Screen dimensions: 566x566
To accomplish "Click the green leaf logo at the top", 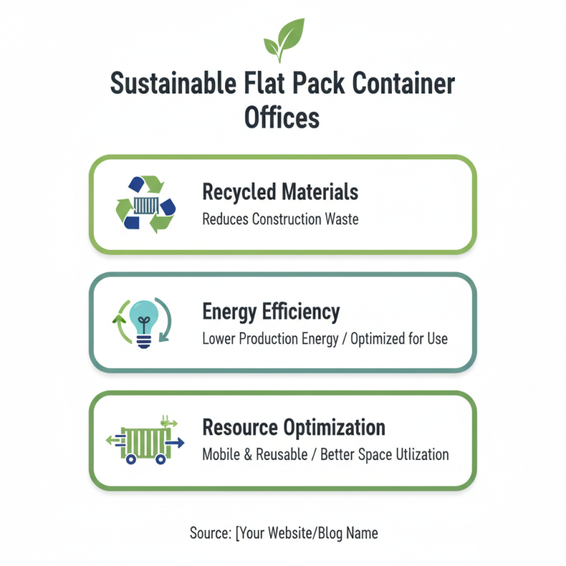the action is pos(283,41).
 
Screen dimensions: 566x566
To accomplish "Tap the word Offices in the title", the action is pos(282,117).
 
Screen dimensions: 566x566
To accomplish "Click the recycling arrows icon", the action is pos(145,204).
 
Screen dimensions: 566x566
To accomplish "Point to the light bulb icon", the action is pos(144,323).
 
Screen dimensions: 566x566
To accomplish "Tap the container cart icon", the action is pos(145,442).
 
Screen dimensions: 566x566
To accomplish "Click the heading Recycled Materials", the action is pos(280,192).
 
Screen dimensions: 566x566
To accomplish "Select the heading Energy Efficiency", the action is pos(271,311).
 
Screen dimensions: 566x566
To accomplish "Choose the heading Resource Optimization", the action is pos(294,427).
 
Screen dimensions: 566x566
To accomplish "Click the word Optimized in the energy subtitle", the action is pos(376,338).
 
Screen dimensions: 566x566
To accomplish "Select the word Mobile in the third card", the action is pos(221,454).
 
